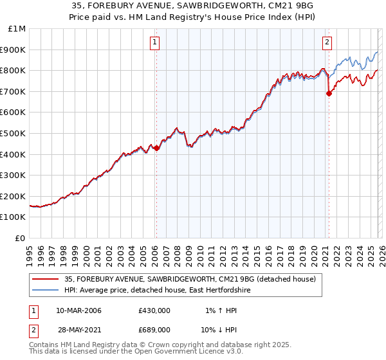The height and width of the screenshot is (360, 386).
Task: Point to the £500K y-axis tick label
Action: click(x=14, y=134)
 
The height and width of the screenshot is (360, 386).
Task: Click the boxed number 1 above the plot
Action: click(x=156, y=43)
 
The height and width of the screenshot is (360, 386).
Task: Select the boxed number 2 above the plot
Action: click(x=327, y=43)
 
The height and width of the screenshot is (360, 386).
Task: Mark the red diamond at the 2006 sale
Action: click(x=156, y=148)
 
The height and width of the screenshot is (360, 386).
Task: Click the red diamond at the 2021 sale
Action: click(x=329, y=93)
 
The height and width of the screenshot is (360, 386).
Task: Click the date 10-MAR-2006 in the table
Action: click(x=78, y=310)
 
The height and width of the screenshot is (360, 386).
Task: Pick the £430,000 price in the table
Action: click(x=154, y=310)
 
